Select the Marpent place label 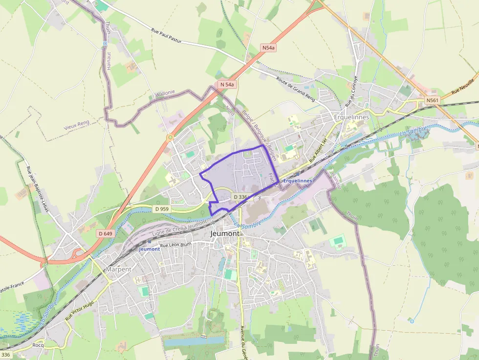pos(119,269)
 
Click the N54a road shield pos(268,48)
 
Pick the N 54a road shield pos(227,85)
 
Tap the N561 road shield pos(433,101)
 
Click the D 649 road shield pos(105,233)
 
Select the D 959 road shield pos(162,209)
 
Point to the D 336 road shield pos(241,197)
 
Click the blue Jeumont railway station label pos(150,249)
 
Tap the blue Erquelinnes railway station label pos(298,181)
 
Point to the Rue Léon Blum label pos(176,245)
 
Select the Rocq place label pos(38,345)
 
